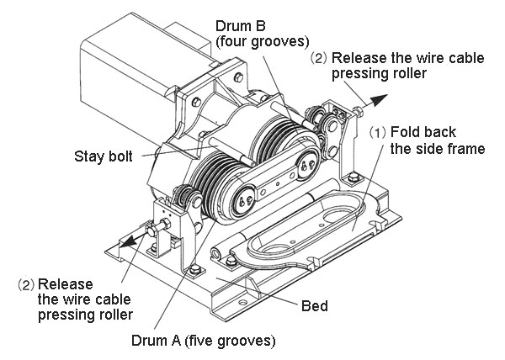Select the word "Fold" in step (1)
(x=407, y=131)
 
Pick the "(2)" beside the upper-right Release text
(x=319, y=58)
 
